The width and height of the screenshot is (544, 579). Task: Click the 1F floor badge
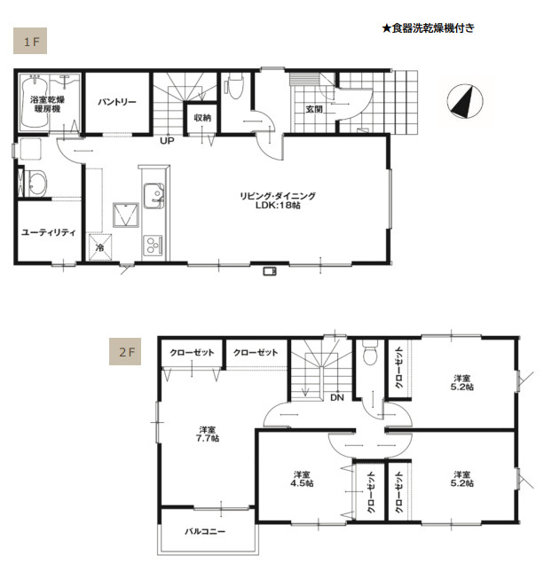click(30, 41)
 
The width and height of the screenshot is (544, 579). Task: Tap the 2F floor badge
click(125, 351)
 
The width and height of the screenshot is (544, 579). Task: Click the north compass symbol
click(465, 101)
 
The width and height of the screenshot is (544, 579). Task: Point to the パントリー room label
click(117, 102)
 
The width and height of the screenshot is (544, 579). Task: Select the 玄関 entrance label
click(314, 109)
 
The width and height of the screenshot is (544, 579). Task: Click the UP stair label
click(167, 141)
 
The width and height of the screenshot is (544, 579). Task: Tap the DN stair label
click(336, 398)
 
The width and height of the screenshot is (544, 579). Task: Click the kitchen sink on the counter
click(154, 195)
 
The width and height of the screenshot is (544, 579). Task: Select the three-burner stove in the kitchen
click(153, 245)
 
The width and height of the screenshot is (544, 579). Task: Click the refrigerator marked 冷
click(99, 247)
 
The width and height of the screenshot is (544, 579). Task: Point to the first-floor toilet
click(234, 86)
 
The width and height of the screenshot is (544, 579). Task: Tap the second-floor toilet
click(369, 353)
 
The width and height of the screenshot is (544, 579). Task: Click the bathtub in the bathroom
click(34, 103)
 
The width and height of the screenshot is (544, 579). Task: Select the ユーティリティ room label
click(49, 232)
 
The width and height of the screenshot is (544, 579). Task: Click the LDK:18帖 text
click(278, 206)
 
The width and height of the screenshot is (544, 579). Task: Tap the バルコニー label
click(205, 532)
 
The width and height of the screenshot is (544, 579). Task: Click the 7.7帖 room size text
click(208, 439)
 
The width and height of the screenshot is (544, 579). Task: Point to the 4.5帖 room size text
click(302, 483)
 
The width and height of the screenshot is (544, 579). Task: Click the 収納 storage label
click(202, 118)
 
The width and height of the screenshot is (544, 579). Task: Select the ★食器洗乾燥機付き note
click(428, 28)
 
